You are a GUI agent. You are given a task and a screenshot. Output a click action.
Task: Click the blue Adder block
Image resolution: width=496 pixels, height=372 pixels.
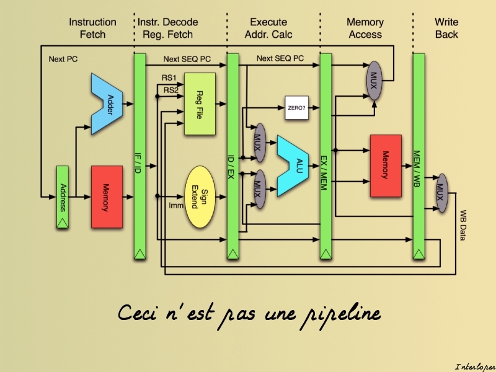(x=107, y=103)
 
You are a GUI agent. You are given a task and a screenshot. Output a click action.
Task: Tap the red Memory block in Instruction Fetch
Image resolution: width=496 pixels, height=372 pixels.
(x=107, y=197)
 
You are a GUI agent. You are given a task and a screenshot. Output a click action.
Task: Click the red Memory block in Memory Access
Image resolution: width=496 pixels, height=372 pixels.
(x=386, y=165)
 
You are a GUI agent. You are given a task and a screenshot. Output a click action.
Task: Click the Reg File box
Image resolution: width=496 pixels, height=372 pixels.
(x=199, y=104)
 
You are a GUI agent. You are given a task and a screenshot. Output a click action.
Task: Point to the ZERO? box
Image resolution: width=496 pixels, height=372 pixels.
(x=296, y=107)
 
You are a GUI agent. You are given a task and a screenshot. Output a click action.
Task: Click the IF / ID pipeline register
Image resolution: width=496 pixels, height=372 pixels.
(x=139, y=155)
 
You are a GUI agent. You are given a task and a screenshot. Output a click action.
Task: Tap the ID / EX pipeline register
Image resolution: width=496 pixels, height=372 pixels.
(x=232, y=155)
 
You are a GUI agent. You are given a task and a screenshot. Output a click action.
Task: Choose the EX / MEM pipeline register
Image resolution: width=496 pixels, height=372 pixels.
(x=325, y=155)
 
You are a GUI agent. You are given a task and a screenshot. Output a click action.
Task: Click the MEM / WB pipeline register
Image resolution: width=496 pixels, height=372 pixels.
(x=418, y=155)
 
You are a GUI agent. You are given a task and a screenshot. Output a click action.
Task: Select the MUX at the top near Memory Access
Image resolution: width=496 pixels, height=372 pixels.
(x=373, y=81)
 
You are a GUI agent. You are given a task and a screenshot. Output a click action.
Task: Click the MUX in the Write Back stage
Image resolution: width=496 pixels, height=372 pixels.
(x=441, y=192)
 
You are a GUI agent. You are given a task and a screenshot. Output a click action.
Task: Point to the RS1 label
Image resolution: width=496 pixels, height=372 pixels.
(x=169, y=77)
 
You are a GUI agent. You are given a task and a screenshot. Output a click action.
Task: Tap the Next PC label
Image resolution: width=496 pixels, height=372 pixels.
(x=63, y=60)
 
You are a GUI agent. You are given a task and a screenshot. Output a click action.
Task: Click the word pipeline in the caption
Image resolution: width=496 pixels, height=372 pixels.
(x=340, y=314)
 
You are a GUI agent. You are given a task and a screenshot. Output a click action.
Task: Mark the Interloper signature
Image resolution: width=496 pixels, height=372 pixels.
(x=474, y=366)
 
